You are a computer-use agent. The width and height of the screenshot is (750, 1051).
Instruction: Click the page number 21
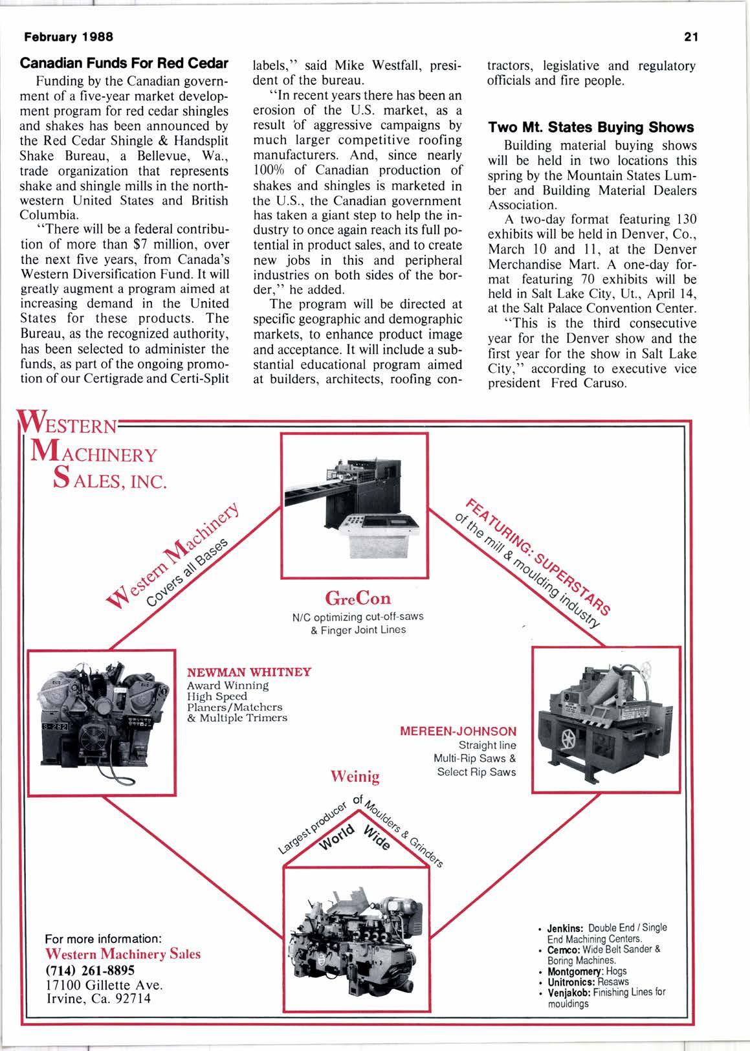pyautogui.click(x=689, y=37)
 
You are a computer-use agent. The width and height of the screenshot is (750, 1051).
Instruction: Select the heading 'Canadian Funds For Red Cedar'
pyautogui.click(x=124, y=64)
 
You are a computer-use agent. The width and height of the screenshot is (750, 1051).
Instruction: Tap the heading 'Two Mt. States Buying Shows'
pyautogui.click(x=591, y=127)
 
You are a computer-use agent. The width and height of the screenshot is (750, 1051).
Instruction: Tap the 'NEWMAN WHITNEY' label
pyautogui.click(x=249, y=672)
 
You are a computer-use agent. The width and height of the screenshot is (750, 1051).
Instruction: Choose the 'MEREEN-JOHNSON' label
pyautogui.click(x=458, y=731)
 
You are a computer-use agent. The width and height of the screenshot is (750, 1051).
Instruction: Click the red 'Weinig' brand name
pyautogui.click(x=355, y=775)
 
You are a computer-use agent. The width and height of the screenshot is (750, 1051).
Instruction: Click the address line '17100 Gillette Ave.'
pyautogui.click(x=103, y=984)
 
